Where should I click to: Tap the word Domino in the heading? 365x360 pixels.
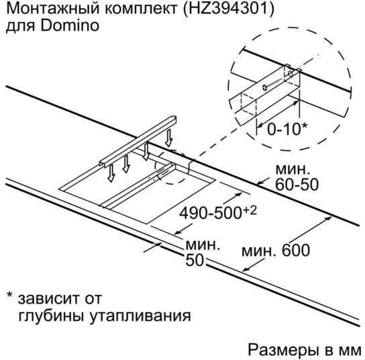[70, 26]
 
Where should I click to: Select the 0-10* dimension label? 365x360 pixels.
[287, 129]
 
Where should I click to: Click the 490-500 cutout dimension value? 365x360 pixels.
[210, 213]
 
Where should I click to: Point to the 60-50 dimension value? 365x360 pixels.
[297, 185]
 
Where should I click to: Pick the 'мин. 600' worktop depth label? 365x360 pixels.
[276, 251]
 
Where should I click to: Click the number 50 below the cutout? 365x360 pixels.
[195, 260]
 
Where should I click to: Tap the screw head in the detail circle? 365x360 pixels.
[264, 87]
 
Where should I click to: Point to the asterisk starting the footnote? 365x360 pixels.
[10, 294]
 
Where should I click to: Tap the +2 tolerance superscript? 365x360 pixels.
[250, 210]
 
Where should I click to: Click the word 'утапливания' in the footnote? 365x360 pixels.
[140, 316]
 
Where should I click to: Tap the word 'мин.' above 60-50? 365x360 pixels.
[293, 170]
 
